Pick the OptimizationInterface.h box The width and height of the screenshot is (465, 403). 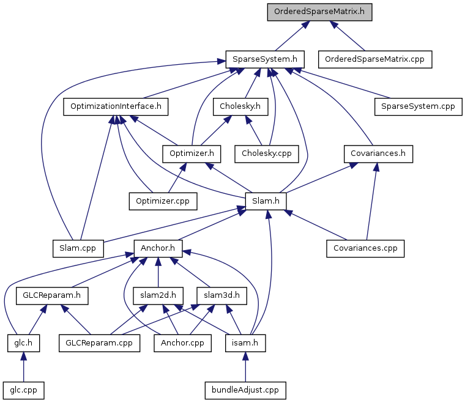(x=116, y=106)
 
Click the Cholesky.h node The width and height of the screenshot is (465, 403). (x=240, y=106)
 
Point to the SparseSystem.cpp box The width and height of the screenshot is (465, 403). (x=418, y=106)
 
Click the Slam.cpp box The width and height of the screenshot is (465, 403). (x=78, y=249)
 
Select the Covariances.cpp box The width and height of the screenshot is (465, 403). (x=365, y=249)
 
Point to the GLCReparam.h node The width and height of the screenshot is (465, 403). (x=52, y=296)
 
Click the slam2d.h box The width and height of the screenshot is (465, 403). (x=158, y=296)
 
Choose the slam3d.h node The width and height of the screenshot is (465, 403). (x=221, y=296)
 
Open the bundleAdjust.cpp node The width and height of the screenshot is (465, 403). (x=245, y=390)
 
